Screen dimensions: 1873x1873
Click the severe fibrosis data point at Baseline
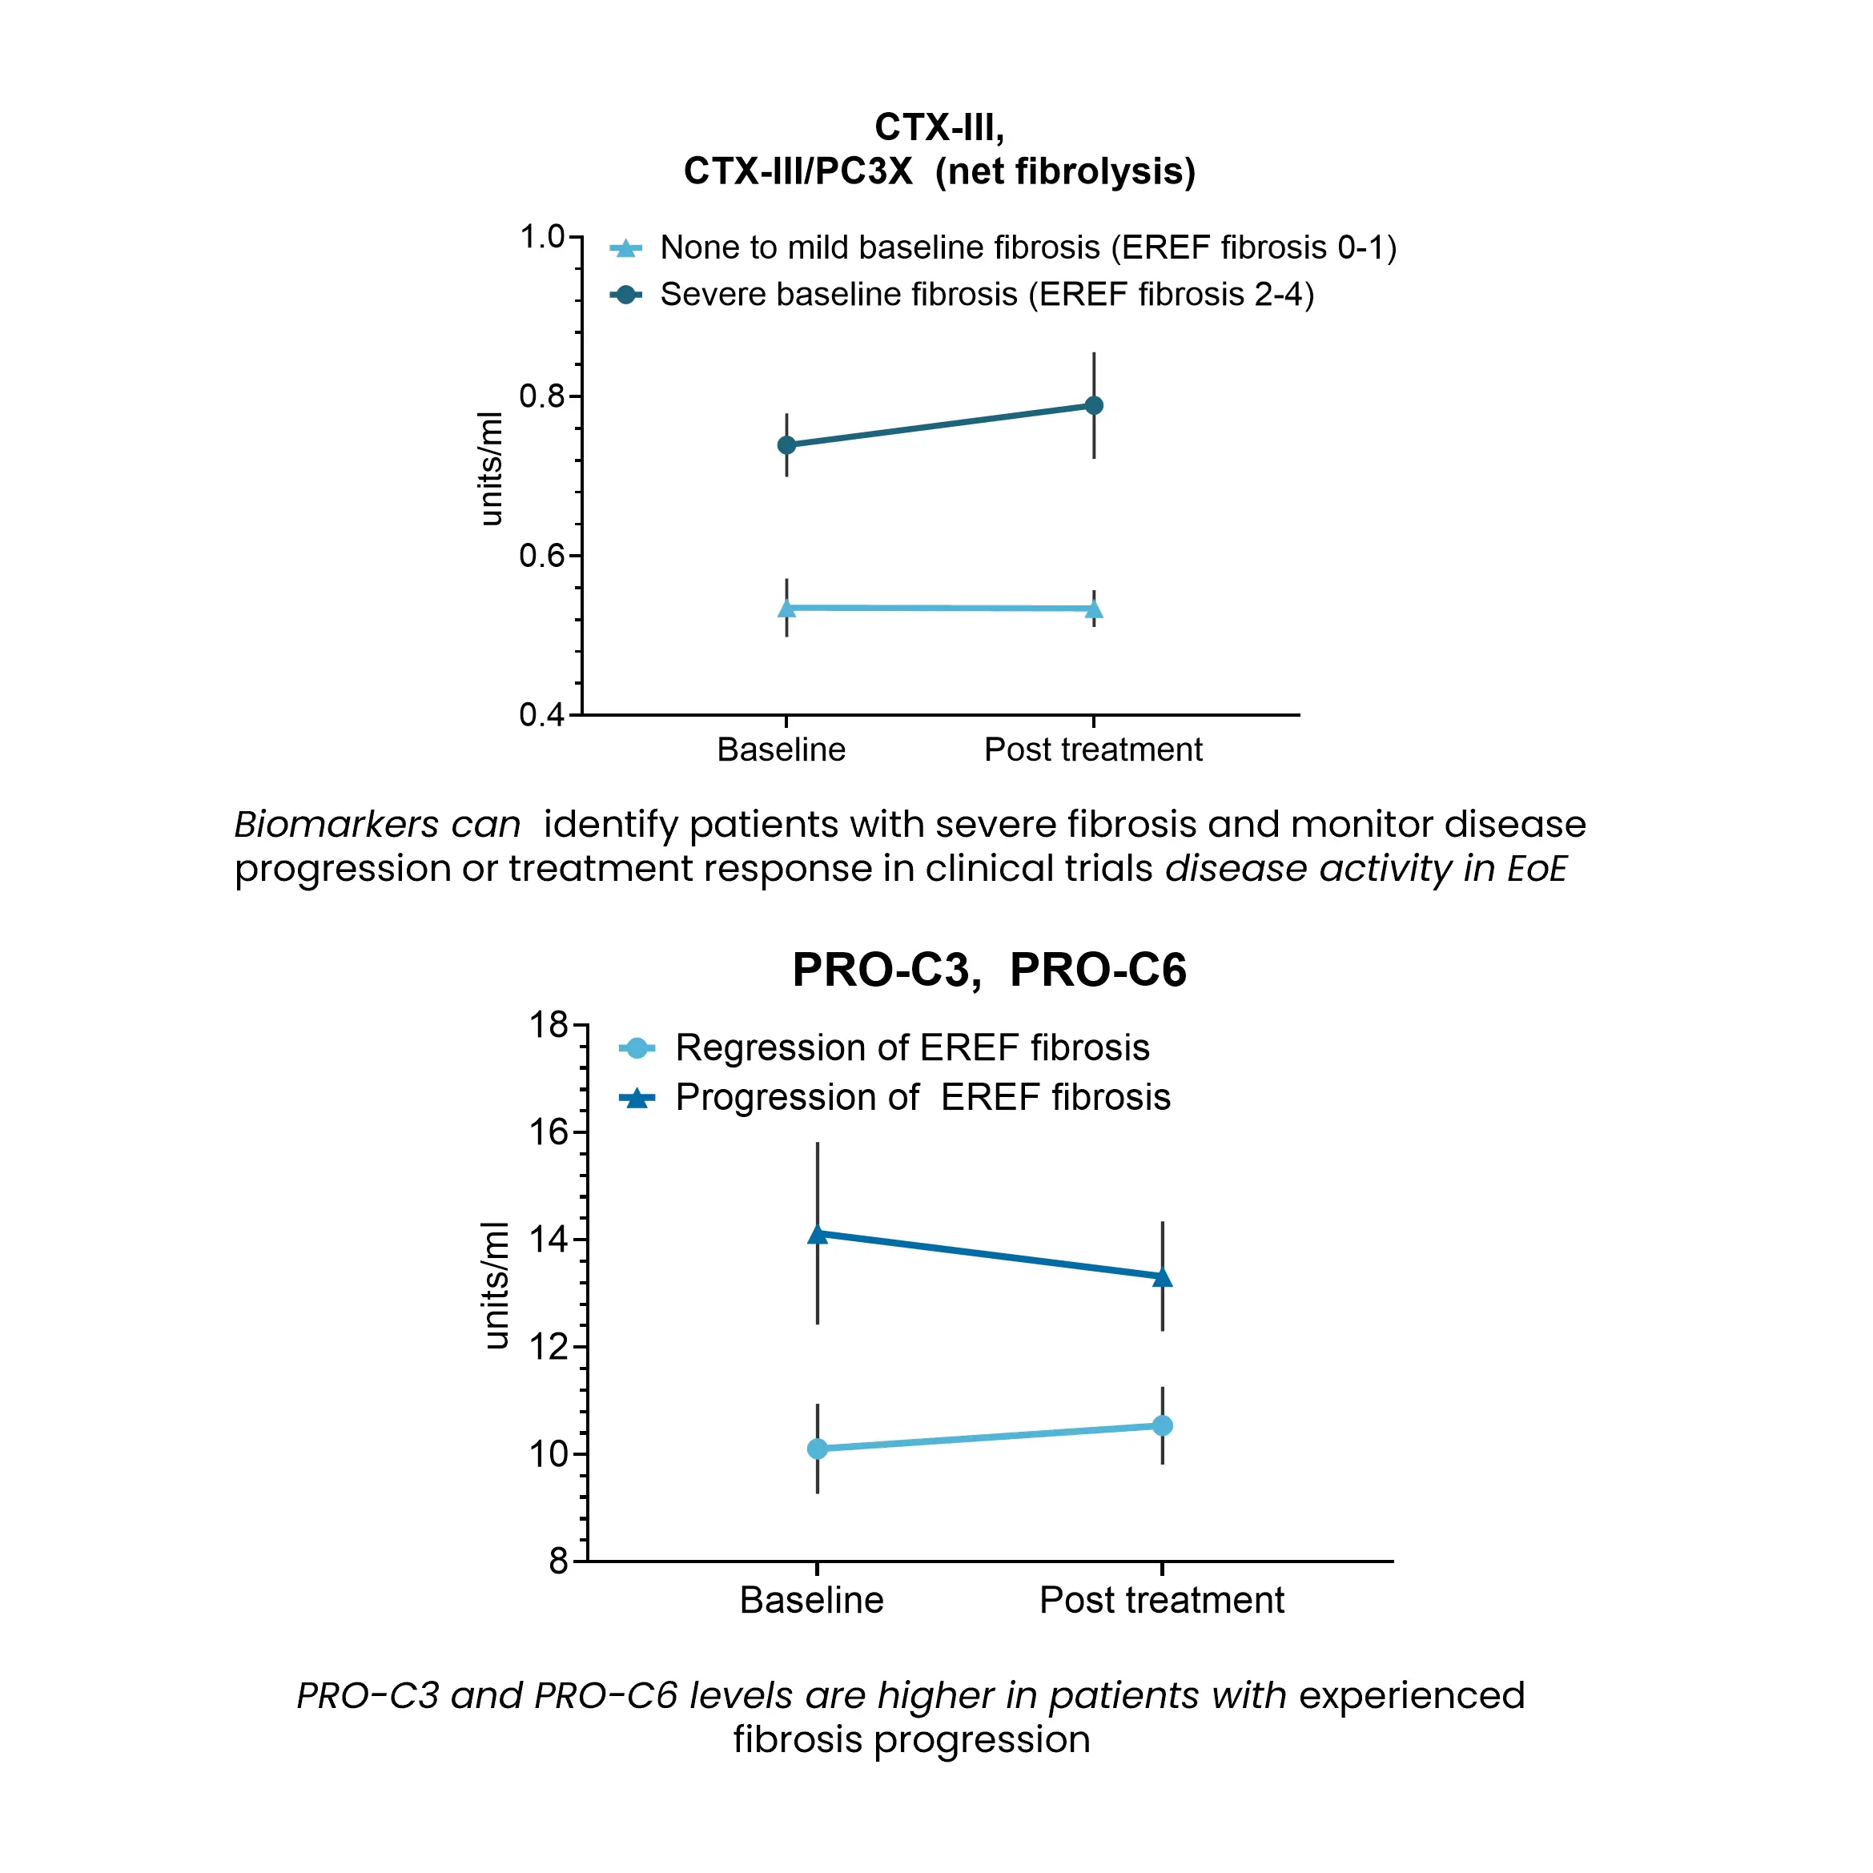pyautogui.click(x=786, y=445)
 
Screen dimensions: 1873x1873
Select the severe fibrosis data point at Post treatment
pyautogui.click(x=1094, y=405)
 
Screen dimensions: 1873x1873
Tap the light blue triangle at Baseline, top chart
pyautogui.click(x=786, y=608)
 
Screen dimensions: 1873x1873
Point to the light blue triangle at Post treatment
pyautogui.click(x=1094, y=609)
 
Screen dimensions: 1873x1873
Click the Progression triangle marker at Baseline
pyautogui.click(x=818, y=1234)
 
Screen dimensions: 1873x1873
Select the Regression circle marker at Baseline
pyautogui.click(x=818, y=1449)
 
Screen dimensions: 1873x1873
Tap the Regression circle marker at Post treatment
pyautogui.click(x=1163, y=1425)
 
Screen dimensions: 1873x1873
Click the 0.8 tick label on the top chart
pyautogui.click(x=541, y=396)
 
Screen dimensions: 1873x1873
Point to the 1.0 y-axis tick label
pyautogui.click(x=541, y=236)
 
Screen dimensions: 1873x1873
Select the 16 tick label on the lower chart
pyautogui.click(x=549, y=1131)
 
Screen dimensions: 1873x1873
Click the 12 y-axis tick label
pyautogui.click(x=549, y=1347)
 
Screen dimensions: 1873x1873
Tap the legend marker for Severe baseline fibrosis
pyautogui.click(x=626, y=294)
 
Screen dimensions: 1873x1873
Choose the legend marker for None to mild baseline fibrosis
pyautogui.click(x=626, y=248)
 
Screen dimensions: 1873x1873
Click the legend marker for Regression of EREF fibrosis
pyautogui.click(x=637, y=1048)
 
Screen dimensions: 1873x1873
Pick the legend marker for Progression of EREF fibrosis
pyautogui.click(x=637, y=1097)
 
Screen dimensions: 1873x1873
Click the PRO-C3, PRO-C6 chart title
pyautogui.click(x=989, y=970)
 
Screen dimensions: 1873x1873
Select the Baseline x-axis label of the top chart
pyautogui.click(x=781, y=750)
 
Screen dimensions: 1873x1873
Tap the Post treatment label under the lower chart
pyautogui.click(x=1161, y=1600)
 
